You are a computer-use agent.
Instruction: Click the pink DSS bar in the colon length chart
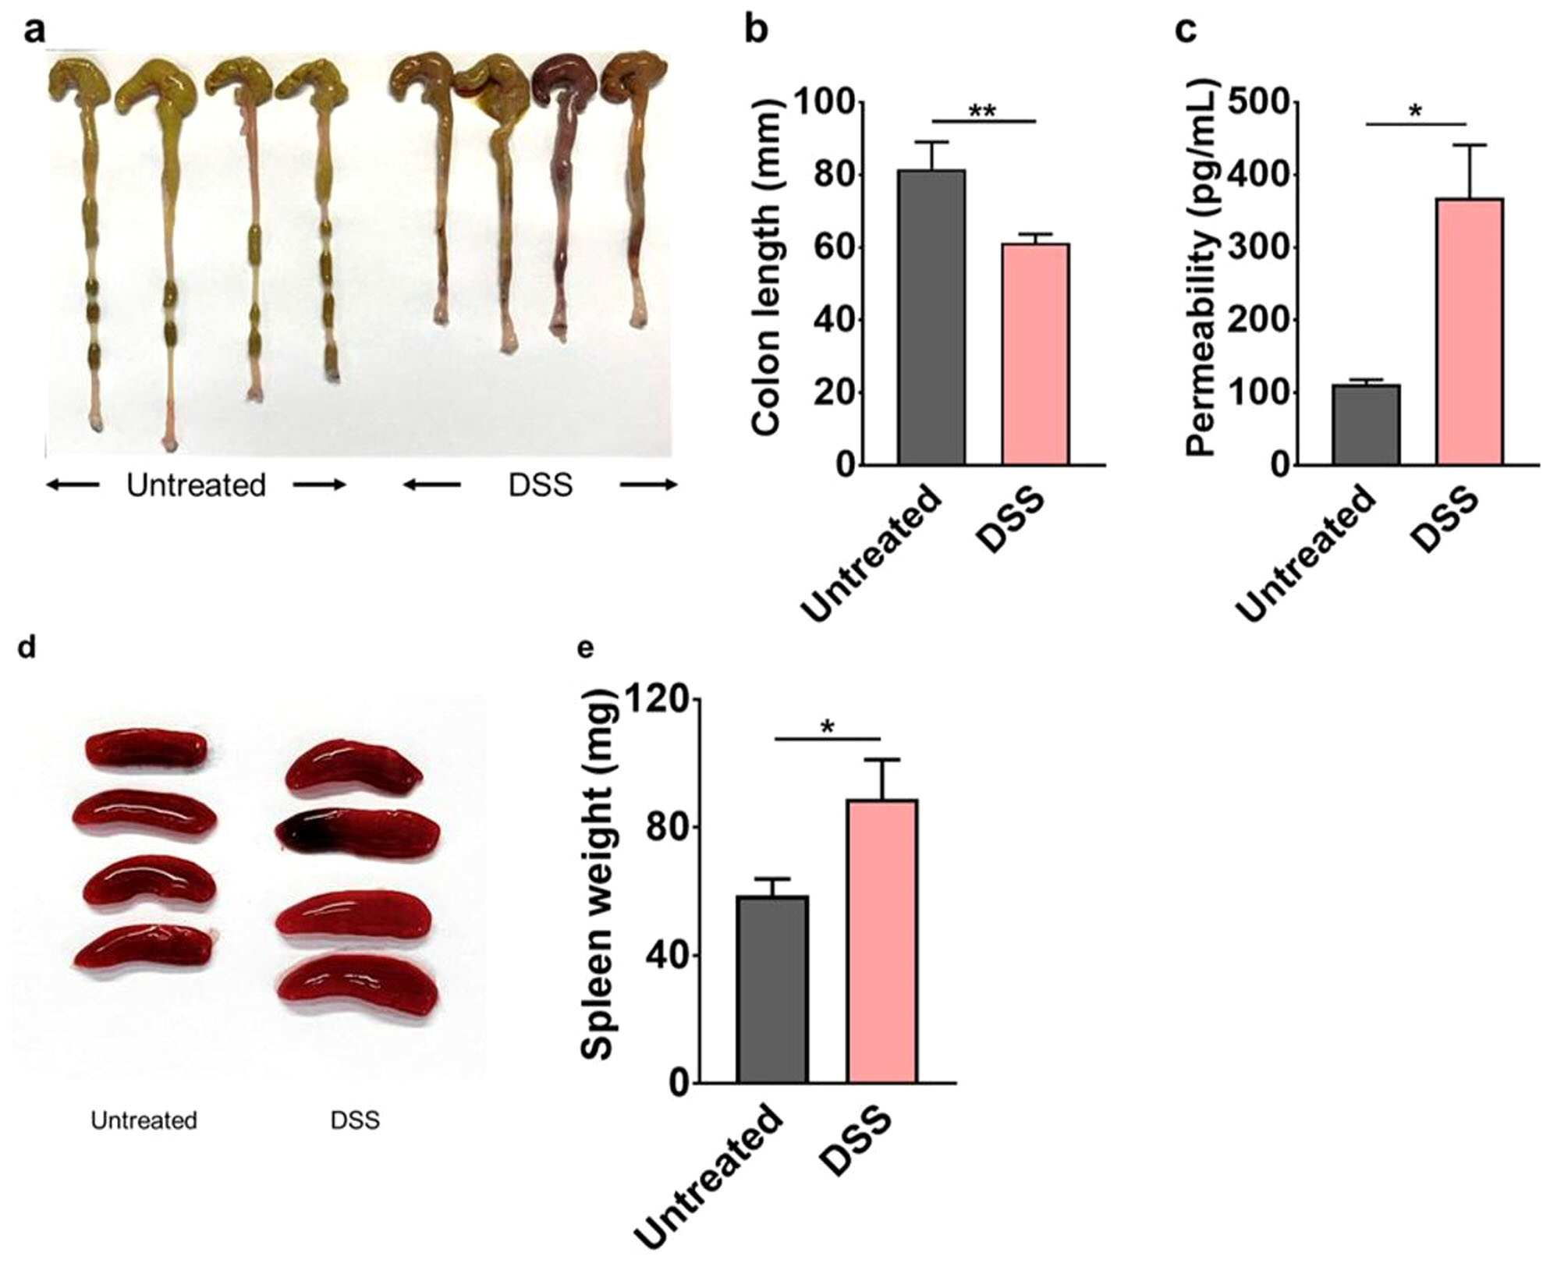pyautogui.click(x=1035, y=354)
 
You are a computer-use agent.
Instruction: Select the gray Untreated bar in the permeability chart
pyautogui.click(x=1366, y=425)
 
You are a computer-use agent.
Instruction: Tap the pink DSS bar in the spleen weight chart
pyautogui.click(x=882, y=941)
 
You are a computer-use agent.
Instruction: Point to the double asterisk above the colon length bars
pyautogui.click(x=982, y=111)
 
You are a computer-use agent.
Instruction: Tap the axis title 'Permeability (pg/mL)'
pyautogui.click(x=1202, y=268)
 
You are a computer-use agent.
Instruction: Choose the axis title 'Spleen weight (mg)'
pyautogui.click(x=600, y=875)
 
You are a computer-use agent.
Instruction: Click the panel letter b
pyautogui.click(x=757, y=31)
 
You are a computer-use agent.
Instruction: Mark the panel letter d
pyautogui.click(x=28, y=647)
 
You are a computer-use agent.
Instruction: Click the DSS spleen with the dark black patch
pyautogui.click(x=358, y=834)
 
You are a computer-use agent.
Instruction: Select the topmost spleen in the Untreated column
pyautogui.click(x=147, y=750)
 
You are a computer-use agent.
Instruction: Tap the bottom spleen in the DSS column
pyautogui.click(x=358, y=985)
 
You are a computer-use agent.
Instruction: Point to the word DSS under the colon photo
pyautogui.click(x=541, y=485)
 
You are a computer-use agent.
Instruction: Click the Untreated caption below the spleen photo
pyautogui.click(x=144, y=1120)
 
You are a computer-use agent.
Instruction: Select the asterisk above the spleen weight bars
pyautogui.click(x=828, y=728)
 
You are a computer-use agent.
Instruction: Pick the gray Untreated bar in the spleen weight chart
pyautogui.click(x=772, y=989)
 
